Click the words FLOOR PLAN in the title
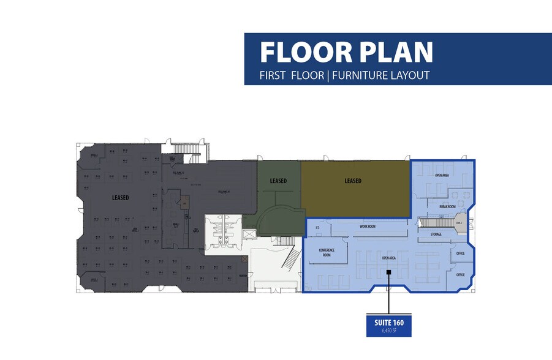pos(346,52)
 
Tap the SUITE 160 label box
pos(388,323)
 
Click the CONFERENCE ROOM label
pos(325,252)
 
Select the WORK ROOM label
pos(367,227)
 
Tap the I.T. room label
pos(317,228)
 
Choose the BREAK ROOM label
pos(448,207)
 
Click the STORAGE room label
pos(436,234)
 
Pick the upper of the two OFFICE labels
pos(460,252)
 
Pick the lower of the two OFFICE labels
pos(460,275)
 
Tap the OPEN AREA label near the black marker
pos(388,258)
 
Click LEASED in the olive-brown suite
pos(352,181)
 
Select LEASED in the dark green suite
pos(279,181)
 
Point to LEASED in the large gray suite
pos(120,198)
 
